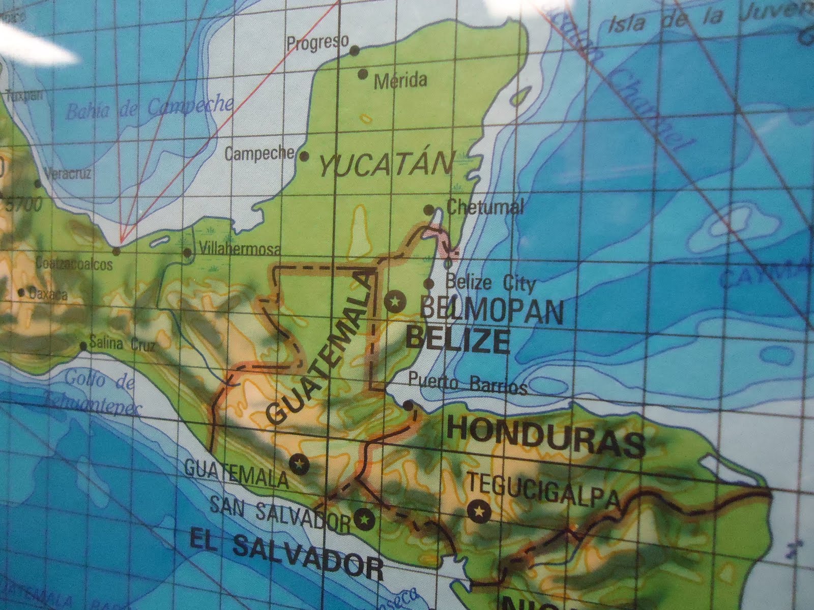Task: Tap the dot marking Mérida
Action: pyautogui.click(x=363, y=74)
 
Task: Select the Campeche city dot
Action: pyautogui.click(x=305, y=156)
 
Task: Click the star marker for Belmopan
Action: pyautogui.click(x=394, y=302)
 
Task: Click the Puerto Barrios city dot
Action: pyautogui.click(x=409, y=405)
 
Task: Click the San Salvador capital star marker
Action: pyautogui.click(x=364, y=518)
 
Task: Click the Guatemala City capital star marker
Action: pyautogui.click(x=299, y=463)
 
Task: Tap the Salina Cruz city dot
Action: pyautogui.click(x=83, y=347)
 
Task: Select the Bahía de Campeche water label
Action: pyautogui.click(x=150, y=107)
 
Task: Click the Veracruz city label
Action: pyautogui.click(x=68, y=174)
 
